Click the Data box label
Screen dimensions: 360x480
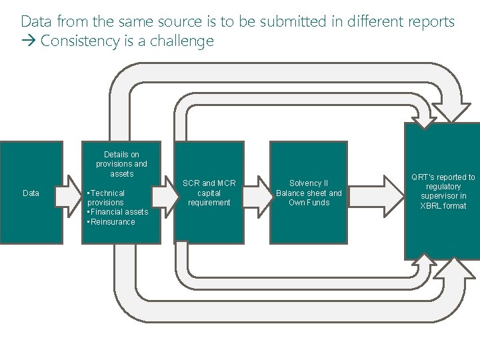coord(31,193)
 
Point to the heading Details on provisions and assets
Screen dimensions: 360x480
coord(121,164)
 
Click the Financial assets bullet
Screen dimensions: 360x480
coord(118,212)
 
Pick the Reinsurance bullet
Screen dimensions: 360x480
coord(111,222)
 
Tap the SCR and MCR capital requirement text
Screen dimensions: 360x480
coord(209,193)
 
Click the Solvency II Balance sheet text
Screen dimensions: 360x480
coord(309,188)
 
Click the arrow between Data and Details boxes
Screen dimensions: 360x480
coord(67,194)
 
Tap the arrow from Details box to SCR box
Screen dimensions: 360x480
coord(162,194)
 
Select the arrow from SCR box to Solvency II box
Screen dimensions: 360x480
coord(257,194)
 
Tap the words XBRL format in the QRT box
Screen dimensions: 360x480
coord(443,206)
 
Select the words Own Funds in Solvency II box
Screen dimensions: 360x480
coord(309,203)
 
